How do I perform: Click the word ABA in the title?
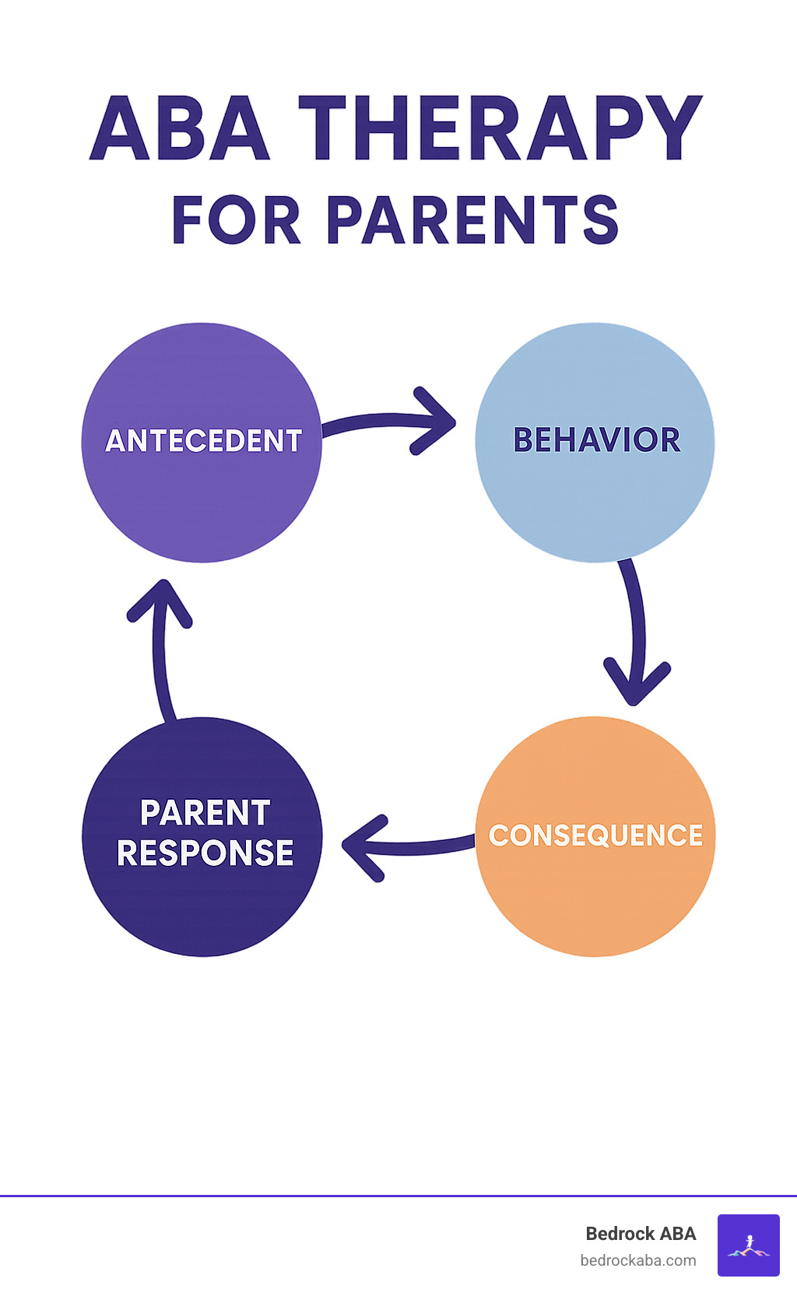pos(180,129)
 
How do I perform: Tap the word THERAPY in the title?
pos(500,129)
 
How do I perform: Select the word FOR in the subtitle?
pos(236,220)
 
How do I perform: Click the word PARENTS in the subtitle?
pos(472,220)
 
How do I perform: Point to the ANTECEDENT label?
pos(203,441)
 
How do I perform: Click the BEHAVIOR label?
pos(596,440)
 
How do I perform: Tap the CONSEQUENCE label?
pos(595,835)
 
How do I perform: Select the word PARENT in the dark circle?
pos(205,813)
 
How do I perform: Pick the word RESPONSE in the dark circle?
pos(205,853)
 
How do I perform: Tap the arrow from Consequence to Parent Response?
pos(405,846)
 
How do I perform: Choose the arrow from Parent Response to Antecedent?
pos(161,646)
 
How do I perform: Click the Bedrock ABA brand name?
pos(641,1234)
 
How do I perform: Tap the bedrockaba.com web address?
pos(638,1260)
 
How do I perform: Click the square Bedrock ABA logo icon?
pos(748,1245)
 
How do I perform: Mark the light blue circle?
pos(595,498)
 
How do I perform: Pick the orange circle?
pos(595,895)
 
